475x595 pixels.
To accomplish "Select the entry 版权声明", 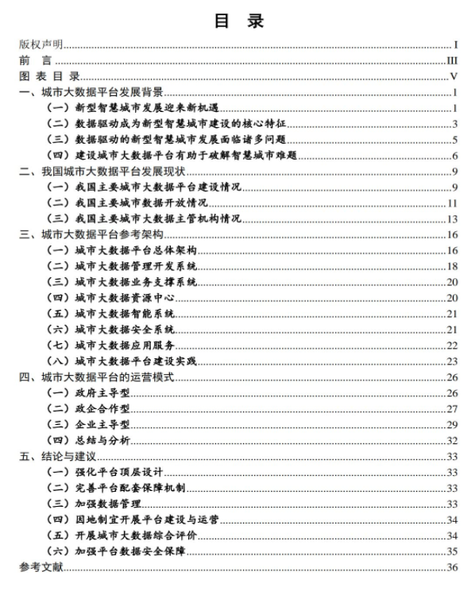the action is pos(41,45).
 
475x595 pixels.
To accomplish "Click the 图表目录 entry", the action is pos(50,76).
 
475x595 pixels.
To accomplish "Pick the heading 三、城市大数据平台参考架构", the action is pos(91,234).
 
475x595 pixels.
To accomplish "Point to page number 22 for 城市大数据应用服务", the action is pos(453,345).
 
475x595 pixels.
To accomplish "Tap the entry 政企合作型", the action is pos(101,408).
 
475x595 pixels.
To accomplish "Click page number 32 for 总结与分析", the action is pos(453,440).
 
